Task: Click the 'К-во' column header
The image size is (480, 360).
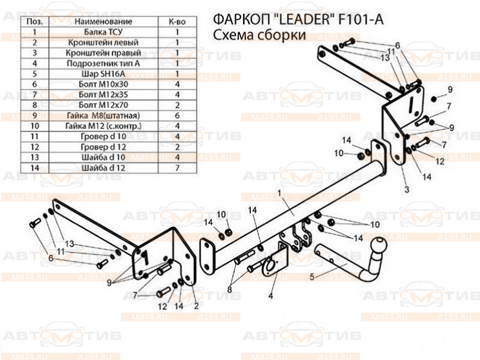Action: pyautogui.click(x=178, y=22)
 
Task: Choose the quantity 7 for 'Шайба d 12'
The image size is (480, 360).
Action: pyautogui.click(x=178, y=167)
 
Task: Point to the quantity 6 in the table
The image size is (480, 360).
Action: pyautogui.click(x=178, y=115)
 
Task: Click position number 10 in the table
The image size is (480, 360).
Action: pyautogui.click(x=35, y=126)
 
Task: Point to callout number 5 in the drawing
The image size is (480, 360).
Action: pyautogui.click(x=311, y=277)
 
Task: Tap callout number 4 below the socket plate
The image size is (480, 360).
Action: pyautogui.click(x=271, y=295)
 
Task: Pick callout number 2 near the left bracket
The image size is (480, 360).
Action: pyautogui.click(x=196, y=305)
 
